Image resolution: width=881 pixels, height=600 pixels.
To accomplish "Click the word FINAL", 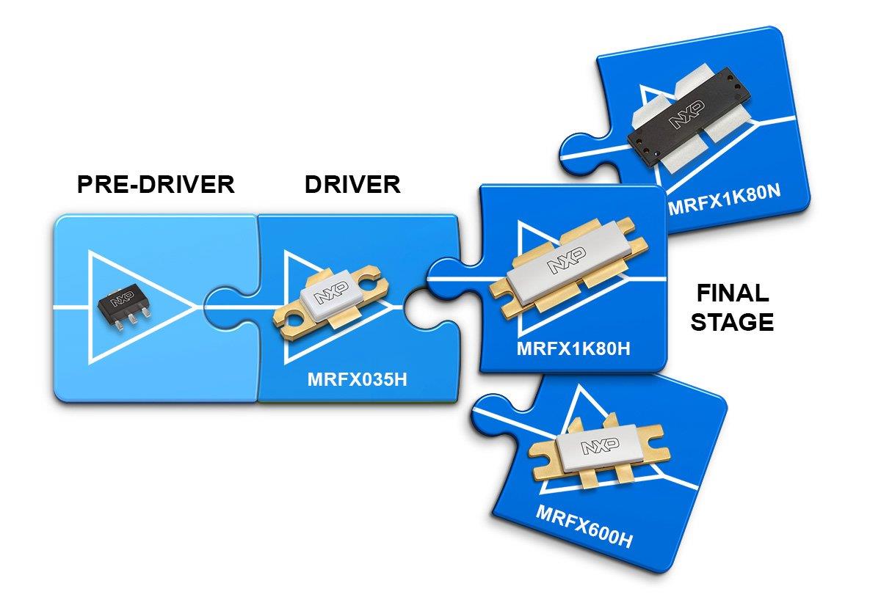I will click(732, 294).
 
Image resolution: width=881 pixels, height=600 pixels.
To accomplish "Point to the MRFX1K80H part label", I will click(573, 348).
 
